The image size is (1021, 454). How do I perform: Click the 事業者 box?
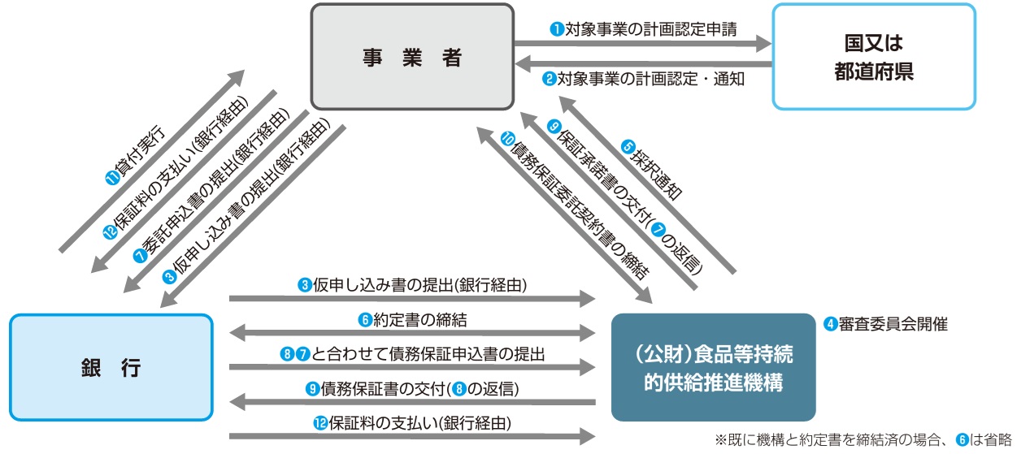pyautogui.click(x=412, y=58)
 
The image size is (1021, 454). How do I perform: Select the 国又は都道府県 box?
pyautogui.click(x=873, y=57)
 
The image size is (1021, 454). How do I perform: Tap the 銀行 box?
pyautogui.click(x=111, y=367)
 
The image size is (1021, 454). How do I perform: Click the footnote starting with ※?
pyautogui.click(x=863, y=440)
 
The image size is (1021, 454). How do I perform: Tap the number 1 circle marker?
pyautogui.click(x=557, y=30)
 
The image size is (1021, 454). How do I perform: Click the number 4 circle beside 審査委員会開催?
pyautogui.click(x=831, y=324)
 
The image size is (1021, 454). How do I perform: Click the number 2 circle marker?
pyautogui.click(x=550, y=80)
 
